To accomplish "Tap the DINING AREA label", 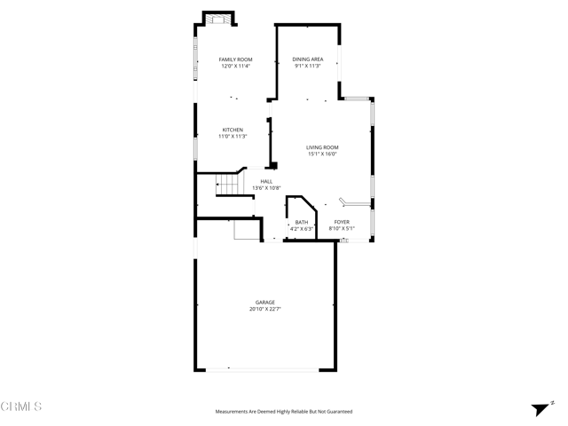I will tap(308, 59).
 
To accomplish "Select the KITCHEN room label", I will tap(233, 130).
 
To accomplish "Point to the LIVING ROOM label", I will tap(322, 147).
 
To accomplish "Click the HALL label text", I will tap(266, 181).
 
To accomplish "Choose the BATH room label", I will tap(302, 222).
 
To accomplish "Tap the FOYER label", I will tap(342, 222).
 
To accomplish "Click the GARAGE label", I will tap(266, 303).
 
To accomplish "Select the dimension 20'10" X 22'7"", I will tap(266, 310).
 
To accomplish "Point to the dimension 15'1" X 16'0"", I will tap(322, 154).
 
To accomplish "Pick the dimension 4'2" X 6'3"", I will tap(302, 229).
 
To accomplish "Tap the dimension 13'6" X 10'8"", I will tap(266, 188).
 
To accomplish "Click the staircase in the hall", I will tap(229, 185).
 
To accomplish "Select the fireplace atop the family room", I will tap(218, 19).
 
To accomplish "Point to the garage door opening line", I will tap(266, 369).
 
